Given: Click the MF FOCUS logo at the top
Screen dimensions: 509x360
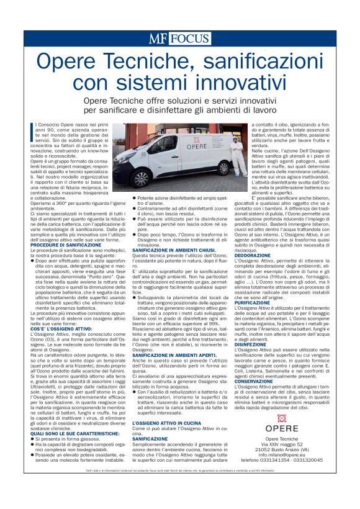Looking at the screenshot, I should point(179,38).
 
